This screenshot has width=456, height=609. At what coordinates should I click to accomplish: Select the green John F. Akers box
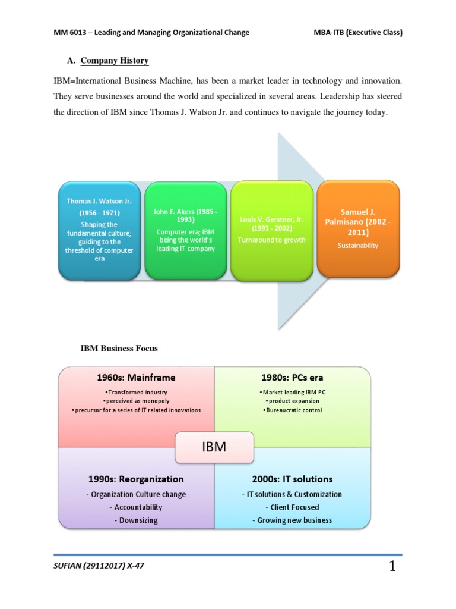coord(185,230)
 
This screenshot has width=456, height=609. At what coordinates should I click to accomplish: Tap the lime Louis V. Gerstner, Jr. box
coord(271,230)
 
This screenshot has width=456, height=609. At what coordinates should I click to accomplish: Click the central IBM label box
coord(214,447)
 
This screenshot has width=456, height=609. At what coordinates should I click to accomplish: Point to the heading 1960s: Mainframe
coord(136,377)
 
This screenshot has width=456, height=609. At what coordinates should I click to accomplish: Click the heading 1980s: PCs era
coord(292,377)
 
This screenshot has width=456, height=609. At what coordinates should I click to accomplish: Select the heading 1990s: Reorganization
coord(136,479)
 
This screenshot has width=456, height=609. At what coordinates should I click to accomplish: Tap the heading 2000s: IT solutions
coord(292,479)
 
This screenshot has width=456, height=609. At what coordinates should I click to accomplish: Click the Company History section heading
coord(115,61)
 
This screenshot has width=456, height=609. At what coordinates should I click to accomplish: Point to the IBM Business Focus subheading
coord(119,348)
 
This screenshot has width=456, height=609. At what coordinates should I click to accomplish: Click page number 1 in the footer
coord(392,567)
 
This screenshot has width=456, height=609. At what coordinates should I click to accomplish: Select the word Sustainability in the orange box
coord(358,246)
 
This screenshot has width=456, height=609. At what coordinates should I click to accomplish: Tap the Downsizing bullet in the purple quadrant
coord(136,520)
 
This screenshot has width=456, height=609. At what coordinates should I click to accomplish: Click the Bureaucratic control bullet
coord(292,410)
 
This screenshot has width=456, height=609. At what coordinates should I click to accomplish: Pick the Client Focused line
coord(292,507)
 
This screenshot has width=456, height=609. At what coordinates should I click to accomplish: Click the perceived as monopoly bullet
coord(136,401)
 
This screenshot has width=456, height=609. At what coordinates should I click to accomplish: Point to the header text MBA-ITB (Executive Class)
coord(358,33)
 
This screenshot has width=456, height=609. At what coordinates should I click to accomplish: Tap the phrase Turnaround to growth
coord(271,240)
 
